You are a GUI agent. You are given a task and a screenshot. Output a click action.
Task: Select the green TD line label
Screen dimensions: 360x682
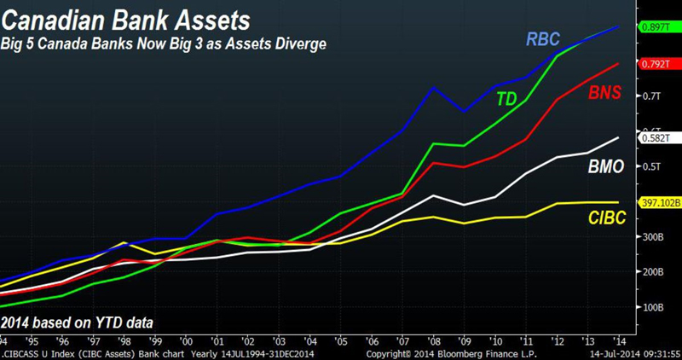[x=507, y=99]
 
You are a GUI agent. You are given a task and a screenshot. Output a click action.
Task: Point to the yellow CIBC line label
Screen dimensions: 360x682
[x=608, y=218]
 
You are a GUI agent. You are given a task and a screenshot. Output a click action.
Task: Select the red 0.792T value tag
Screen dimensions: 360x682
[x=657, y=62]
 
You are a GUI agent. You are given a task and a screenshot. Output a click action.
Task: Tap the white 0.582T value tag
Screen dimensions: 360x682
[x=657, y=136]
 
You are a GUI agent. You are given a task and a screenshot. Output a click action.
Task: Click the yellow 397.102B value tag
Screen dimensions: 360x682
[x=660, y=203]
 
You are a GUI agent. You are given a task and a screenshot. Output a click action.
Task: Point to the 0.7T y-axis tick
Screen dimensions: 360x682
[x=651, y=96]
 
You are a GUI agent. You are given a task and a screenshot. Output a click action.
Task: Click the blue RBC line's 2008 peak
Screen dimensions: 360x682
[x=434, y=87]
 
